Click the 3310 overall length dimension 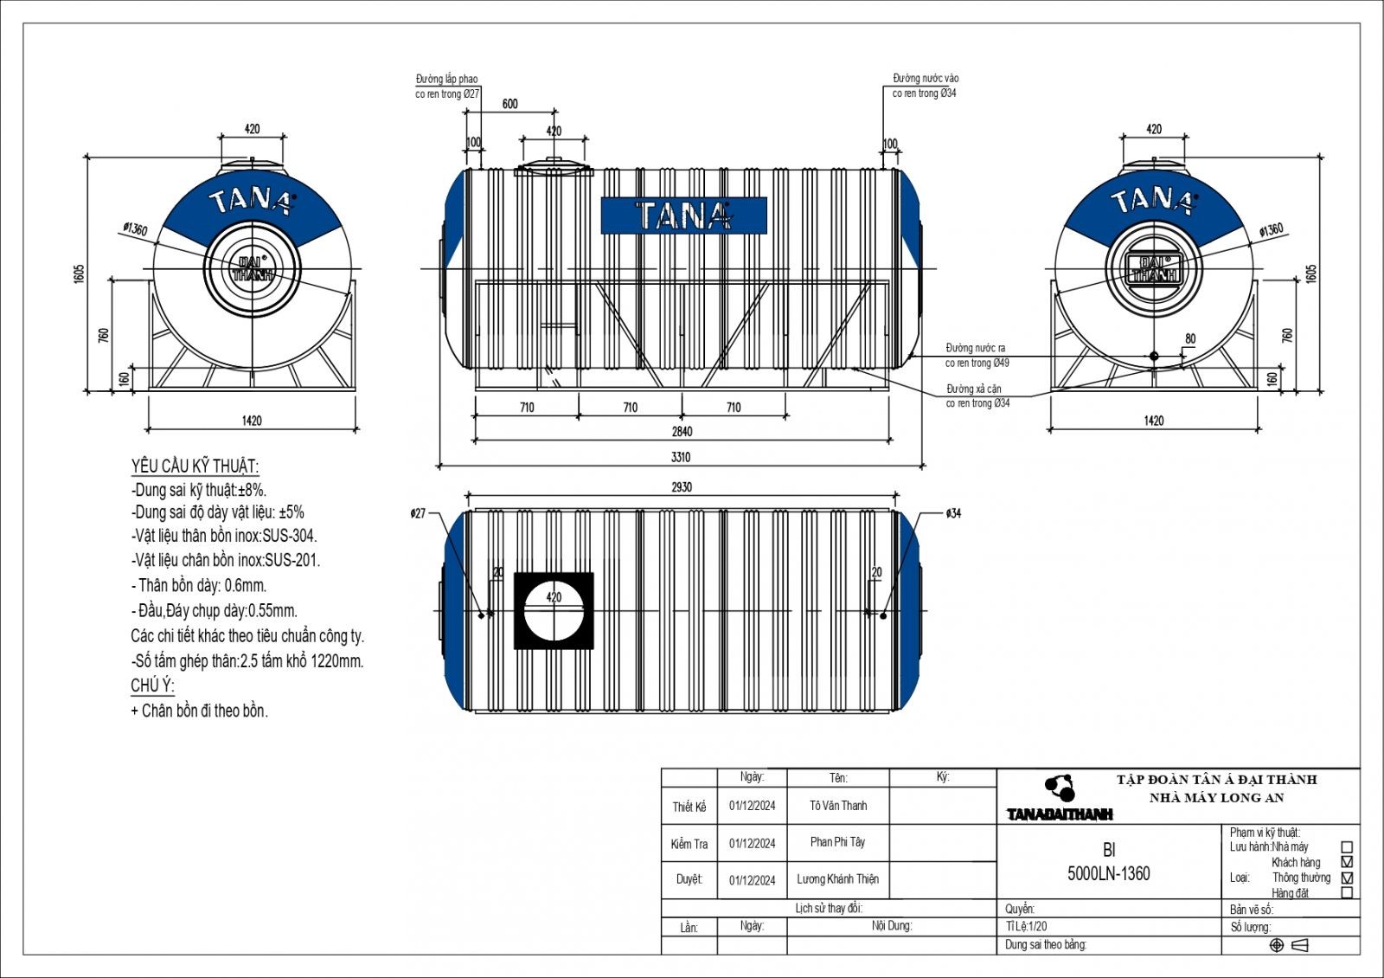[x=681, y=457]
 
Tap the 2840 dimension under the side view [x=681, y=431]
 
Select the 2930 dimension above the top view [x=682, y=487]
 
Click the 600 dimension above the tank [x=510, y=104]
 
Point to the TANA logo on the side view [x=683, y=216]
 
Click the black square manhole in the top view [x=554, y=610]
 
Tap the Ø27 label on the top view [x=418, y=513]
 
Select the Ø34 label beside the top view [x=952, y=513]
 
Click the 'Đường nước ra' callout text [x=976, y=348]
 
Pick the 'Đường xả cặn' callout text [x=973, y=389]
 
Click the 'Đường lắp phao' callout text [x=446, y=79]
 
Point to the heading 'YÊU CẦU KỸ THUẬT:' [x=195, y=466]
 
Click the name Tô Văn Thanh [x=838, y=806]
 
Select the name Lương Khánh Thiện [x=837, y=879]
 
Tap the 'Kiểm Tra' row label [x=689, y=844]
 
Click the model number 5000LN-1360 [x=1109, y=874]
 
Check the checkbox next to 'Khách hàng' [x=1346, y=862]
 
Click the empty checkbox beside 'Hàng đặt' [x=1346, y=892]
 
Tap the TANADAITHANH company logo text [x=1060, y=814]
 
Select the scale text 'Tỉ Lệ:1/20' [x=1027, y=926]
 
